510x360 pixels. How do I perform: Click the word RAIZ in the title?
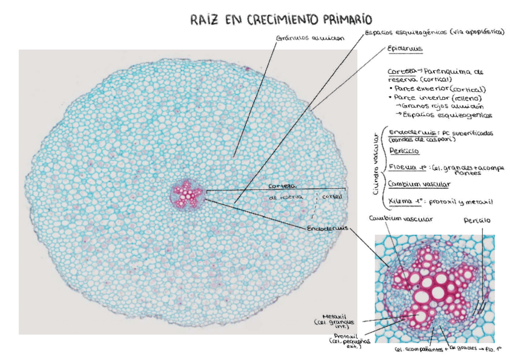pyautogui.click(x=204, y=20)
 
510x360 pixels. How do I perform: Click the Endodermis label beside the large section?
pyautogui.click(x=326, y=229)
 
